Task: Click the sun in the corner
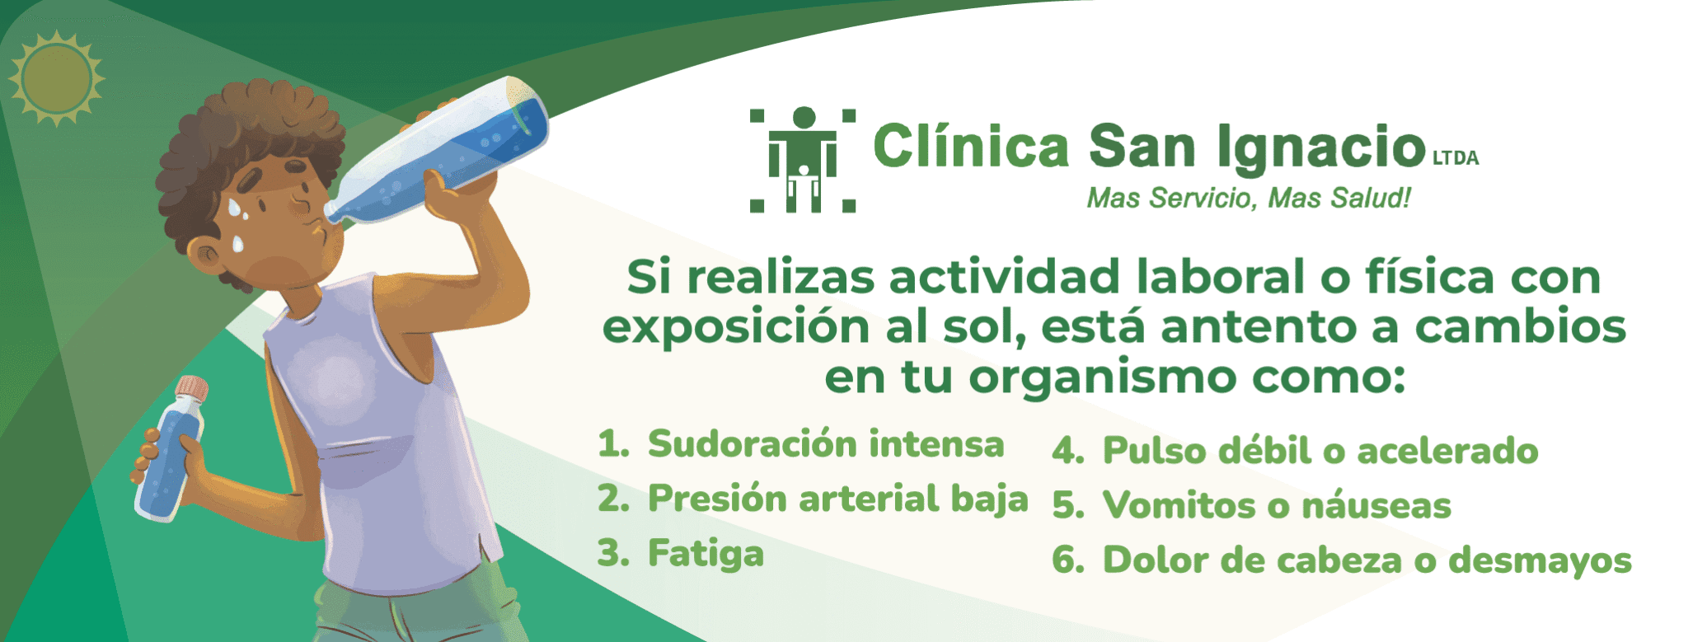[56, 79]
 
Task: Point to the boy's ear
[207, 257]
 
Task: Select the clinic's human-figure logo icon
[803, 160]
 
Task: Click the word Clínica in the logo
[971, 147]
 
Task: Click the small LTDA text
[1456, 158]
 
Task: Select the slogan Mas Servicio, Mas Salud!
[1249, 199]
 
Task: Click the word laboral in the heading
[1222, 276]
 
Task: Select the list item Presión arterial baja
[838, 499]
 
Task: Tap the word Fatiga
[706, 554]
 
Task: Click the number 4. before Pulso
[1068, 452]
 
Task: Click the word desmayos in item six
[1540, 560]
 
